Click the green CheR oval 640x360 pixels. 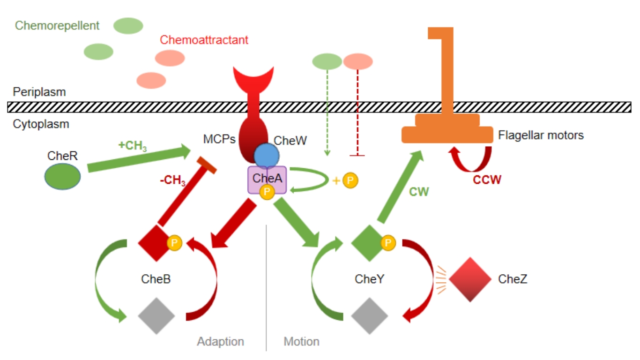[x=62, y=176]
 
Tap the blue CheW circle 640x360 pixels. [x=267, y=156]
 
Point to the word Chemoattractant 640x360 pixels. [x=204, y=40]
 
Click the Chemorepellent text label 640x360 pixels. [x=57, y=25]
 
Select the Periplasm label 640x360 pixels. [x=39, y=92]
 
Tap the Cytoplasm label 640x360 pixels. [x=41, y=124]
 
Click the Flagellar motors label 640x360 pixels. [x=541, y=136]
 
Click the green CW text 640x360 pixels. [x=419, y=191]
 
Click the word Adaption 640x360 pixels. [x=221, y=341]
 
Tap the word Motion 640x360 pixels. [x=301, y=341]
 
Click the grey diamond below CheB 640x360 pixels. [x=156, y=315]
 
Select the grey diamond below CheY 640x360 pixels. [x=370, y=315]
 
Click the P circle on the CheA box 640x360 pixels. [x=267, y=192]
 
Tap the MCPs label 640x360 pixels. [x=219, y=139]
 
